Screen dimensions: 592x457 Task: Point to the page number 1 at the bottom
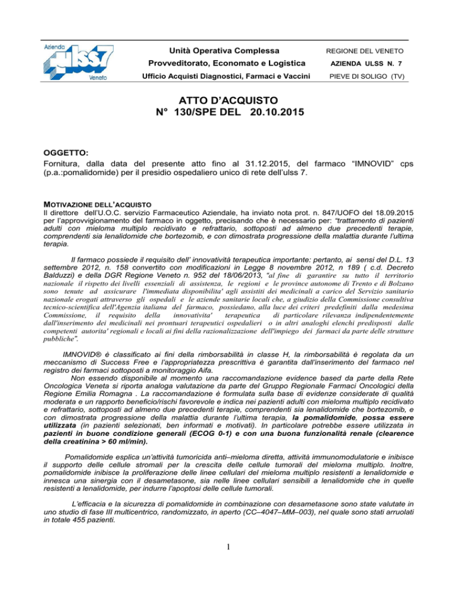click(229, 565)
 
